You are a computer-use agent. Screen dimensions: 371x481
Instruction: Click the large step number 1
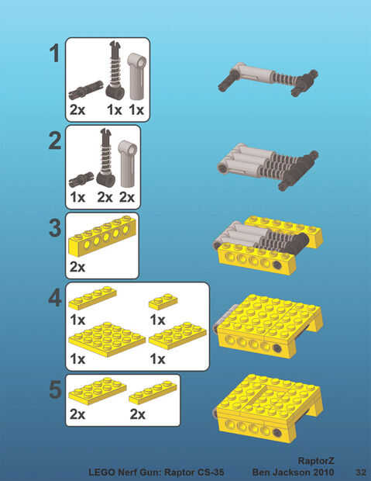(x=54, y=54)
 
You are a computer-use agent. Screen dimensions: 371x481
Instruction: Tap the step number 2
(x=55, y=140)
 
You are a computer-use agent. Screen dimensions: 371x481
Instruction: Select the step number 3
(x=55, y=229)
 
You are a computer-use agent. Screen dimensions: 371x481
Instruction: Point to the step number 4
(x=55, y=298)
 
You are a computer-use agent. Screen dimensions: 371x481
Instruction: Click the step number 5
(x=56, y=389)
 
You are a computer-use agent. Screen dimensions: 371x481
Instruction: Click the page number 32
(x=361, y=472)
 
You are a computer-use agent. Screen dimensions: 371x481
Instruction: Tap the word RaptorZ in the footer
(x=316, y=461)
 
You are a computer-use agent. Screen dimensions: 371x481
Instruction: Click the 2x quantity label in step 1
(x=77, y=110)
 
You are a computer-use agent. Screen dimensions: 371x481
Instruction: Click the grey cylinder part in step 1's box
(x=136, y=76)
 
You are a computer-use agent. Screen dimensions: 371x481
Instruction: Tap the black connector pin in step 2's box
(x=81, y=179)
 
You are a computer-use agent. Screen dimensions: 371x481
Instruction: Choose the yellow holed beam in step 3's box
(x=102, y=235)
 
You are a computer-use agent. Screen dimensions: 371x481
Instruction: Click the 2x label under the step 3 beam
(x=77, y=267)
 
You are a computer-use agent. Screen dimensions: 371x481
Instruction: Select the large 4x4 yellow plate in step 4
(x=107, y=339)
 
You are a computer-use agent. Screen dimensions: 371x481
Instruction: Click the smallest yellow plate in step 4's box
(x=163, y=301)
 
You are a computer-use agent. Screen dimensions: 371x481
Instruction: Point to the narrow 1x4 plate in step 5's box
(x=153, y=393)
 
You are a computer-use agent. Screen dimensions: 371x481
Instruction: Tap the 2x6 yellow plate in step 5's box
(x=98, y=391)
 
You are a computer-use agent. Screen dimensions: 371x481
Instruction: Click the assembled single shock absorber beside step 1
(x=268, y=79)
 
